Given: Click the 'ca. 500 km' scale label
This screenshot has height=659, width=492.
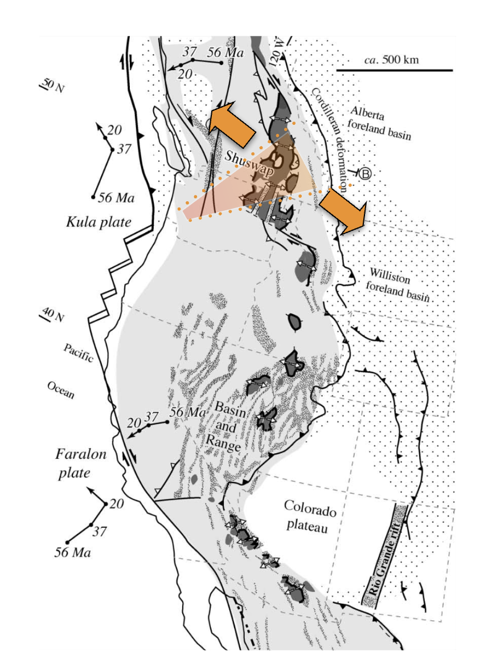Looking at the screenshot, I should (393, 60).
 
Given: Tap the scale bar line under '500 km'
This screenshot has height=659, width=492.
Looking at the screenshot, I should (394, 70).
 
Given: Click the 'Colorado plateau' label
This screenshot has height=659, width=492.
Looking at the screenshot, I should (308, 516).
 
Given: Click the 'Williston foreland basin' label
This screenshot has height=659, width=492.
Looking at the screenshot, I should (398, 285).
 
